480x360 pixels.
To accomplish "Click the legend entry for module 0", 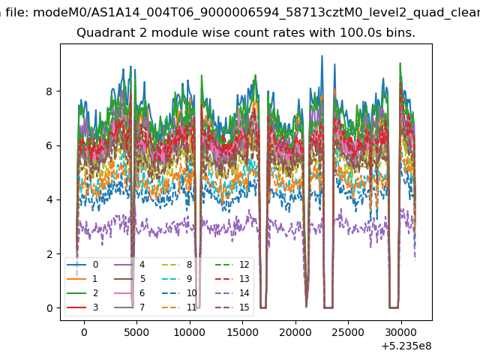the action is tap(82, 265).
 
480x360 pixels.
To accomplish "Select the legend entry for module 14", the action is tap(232, 293).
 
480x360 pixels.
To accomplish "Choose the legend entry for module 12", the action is tap(232, 265).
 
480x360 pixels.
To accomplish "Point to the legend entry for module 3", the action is tap(82, 307).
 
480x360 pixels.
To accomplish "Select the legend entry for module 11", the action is tap(180, 307).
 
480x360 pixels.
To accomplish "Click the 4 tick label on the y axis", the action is tap(49, 199).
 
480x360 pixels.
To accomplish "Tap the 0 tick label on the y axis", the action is tap(49, 308).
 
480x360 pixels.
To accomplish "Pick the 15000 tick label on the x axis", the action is tap(242, 332).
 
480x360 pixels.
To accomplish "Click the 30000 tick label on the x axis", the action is tap(401, 332).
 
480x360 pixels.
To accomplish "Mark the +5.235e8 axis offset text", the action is tap(406, 346).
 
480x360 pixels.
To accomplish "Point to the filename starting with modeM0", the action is tap(256, 13).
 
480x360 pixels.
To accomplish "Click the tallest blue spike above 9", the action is tap(322, 56).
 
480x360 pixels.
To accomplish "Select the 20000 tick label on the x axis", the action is tap(295, 332).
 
